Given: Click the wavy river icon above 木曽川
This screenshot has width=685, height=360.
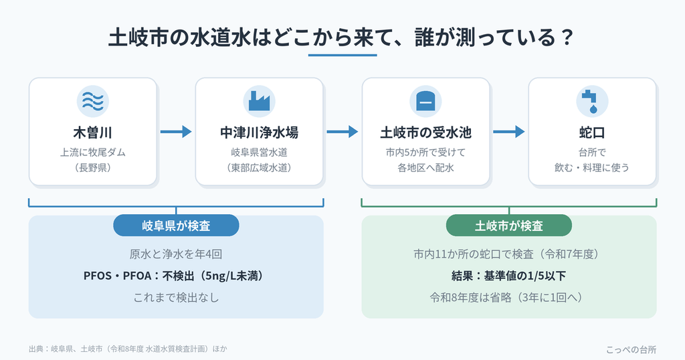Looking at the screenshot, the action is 92,101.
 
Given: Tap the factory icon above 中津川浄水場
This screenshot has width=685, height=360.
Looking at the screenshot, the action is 259,101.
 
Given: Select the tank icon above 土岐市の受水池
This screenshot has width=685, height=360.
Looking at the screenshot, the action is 425,101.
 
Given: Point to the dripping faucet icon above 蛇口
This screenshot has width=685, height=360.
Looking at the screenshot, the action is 592,101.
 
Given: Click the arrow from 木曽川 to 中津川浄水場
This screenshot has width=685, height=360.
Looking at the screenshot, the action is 176,132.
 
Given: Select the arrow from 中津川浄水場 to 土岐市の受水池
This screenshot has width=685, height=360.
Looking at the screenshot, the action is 342,132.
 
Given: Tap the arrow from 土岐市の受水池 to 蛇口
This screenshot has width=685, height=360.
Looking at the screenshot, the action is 509,132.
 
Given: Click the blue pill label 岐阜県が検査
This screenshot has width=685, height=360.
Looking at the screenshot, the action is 176,226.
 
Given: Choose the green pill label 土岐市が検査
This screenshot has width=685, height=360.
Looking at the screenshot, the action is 509,226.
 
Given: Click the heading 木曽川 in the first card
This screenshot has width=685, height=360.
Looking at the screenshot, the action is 92,132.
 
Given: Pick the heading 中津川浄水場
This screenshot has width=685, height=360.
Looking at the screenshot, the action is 259,132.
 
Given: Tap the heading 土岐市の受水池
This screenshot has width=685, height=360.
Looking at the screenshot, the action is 425,132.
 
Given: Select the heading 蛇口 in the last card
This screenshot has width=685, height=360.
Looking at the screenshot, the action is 592,132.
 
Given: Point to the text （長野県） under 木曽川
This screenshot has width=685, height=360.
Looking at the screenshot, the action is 92,167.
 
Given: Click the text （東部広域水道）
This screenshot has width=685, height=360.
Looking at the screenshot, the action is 259,167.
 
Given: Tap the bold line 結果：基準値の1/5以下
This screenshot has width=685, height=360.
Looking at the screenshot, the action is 509,276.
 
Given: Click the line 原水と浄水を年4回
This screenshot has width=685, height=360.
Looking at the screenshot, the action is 176,254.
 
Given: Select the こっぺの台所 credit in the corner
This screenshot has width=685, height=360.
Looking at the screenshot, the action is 631,349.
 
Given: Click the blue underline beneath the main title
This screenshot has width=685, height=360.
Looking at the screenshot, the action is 342,55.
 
